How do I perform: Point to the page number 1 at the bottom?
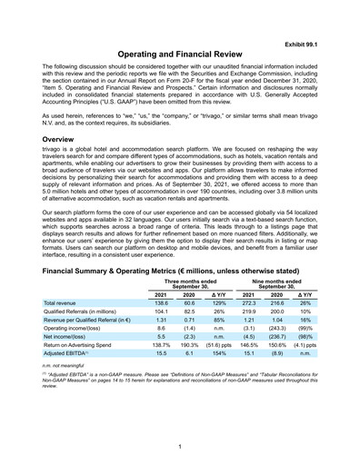coord(180,448)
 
